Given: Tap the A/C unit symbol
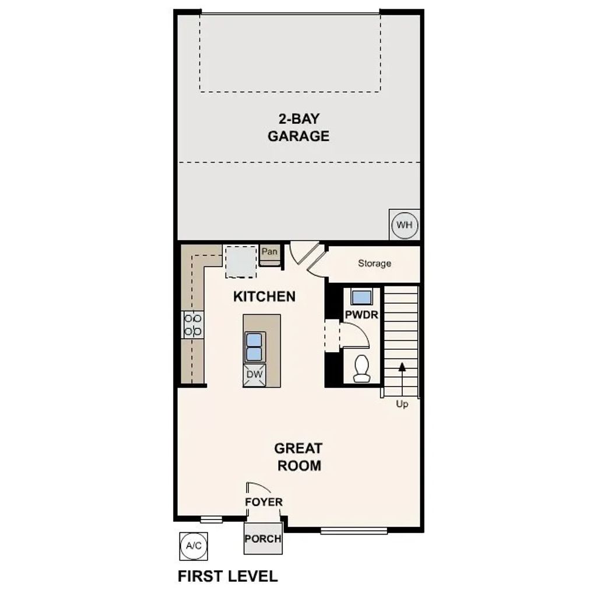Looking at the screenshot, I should [193, 546].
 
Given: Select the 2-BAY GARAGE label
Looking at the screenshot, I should [298, 128].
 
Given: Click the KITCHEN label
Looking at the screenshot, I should [264, 296].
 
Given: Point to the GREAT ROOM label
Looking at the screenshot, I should [298, 457].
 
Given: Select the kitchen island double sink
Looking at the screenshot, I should [254, 347].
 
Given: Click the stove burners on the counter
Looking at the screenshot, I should [193, 324].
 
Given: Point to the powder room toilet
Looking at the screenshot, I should [361, 368].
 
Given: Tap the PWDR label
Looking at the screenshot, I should [362, 315].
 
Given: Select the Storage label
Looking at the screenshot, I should [374, 264].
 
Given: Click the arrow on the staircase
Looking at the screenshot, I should [402, 367].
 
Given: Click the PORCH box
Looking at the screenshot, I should [263, 538].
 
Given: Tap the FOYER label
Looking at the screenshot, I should [264, 502].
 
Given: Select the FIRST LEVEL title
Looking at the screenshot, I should [227, 577].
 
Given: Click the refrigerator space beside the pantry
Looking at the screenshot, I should [241, 261].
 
